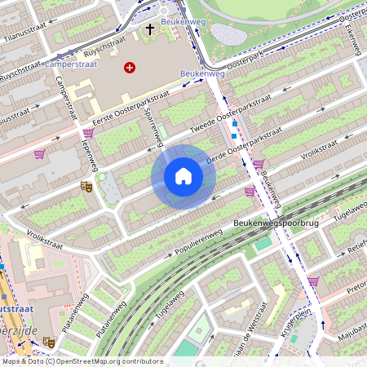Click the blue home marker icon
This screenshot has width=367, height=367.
(x=183, y=176)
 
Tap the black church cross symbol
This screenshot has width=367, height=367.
(x=149, y=29)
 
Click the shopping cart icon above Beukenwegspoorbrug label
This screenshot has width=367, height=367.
(x=250, y=192)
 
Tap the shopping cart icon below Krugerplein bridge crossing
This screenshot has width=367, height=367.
(x=313, y=281)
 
